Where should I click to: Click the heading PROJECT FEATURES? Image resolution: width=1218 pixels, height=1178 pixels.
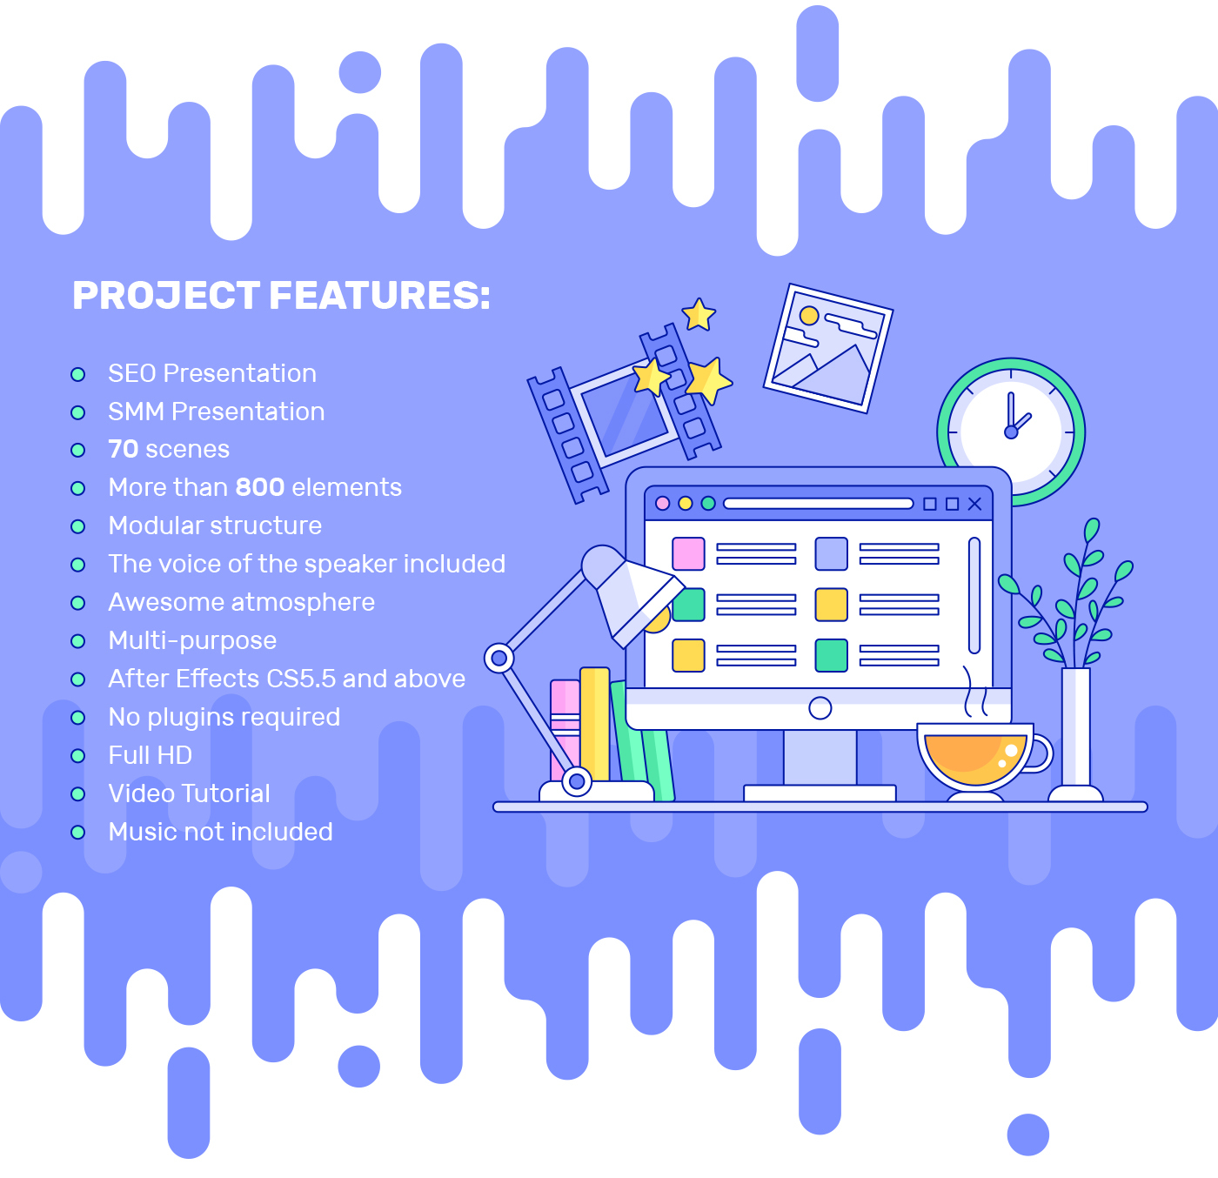pos(281,295)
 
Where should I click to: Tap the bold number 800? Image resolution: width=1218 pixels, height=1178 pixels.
pos(260,487)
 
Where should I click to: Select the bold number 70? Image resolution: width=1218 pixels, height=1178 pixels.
pos(124,449)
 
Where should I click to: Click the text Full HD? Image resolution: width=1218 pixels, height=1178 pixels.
pos(151,755)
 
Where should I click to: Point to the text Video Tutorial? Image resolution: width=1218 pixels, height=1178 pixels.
pos(189,793)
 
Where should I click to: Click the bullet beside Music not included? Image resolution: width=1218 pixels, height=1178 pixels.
pos(77,832)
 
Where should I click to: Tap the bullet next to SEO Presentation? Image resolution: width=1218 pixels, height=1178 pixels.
pos(77,374)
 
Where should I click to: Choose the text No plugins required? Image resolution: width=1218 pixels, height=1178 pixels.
pos(224,717)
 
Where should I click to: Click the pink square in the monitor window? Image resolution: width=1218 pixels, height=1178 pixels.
pos(688,553)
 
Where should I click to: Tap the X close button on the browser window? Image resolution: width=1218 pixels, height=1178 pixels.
pos(974,504)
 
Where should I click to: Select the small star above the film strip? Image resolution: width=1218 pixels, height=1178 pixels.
pos(699,314)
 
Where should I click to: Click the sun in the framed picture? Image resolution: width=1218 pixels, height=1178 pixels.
pos(808,316)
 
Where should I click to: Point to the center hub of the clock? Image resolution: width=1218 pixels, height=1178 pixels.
pos(1010,432)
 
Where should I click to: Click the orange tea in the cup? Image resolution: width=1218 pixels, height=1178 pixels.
pos(975,759)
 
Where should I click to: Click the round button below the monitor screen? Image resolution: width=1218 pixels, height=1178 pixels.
pos(820,708)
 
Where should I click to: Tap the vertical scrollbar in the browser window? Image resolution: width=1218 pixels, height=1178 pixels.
pos(974,594)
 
